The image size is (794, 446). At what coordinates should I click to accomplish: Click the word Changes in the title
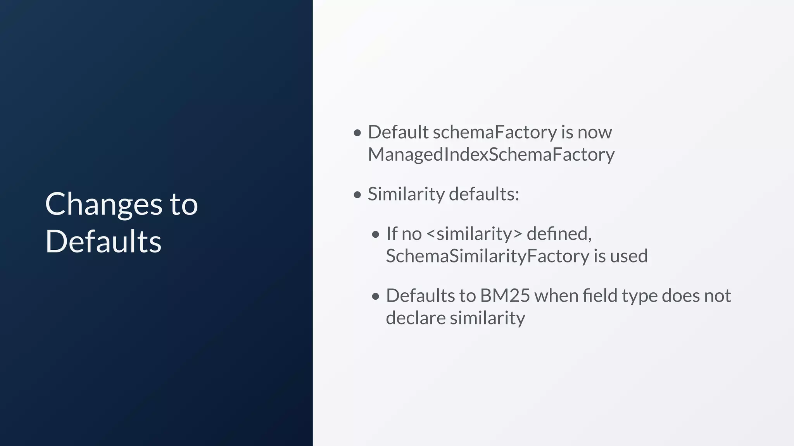coord(104,204)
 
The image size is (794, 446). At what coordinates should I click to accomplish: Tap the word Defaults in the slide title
coord(103,242)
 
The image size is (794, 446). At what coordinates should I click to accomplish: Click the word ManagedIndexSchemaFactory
coord(491,154)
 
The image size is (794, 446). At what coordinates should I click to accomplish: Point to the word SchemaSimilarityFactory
coord(487,256)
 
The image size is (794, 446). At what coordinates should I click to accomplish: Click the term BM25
coord(505,296)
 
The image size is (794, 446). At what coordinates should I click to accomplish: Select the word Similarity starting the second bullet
coord(406,194)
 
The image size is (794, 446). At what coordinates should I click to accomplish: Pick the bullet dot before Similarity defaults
coord(357,194)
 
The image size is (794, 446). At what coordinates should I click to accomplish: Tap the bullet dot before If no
coord(375,235)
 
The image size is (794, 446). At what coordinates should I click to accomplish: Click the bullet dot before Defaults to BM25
coord(375,297)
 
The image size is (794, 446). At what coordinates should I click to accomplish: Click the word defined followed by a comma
coord(559,234)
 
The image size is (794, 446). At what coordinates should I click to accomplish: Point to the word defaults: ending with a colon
coord(483,194)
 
